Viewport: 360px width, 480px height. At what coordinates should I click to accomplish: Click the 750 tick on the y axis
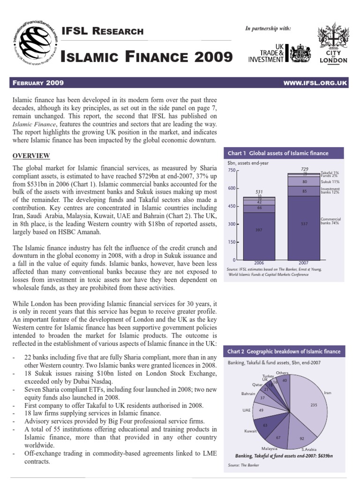coord(232,171)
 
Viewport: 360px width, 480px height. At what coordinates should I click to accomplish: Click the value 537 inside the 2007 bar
coord(304,224)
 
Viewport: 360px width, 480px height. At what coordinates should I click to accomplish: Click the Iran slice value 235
coord(314,405)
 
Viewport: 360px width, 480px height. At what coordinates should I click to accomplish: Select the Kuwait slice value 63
coord(265,425)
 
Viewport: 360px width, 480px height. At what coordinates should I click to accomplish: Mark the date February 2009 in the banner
coord(37,83)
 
